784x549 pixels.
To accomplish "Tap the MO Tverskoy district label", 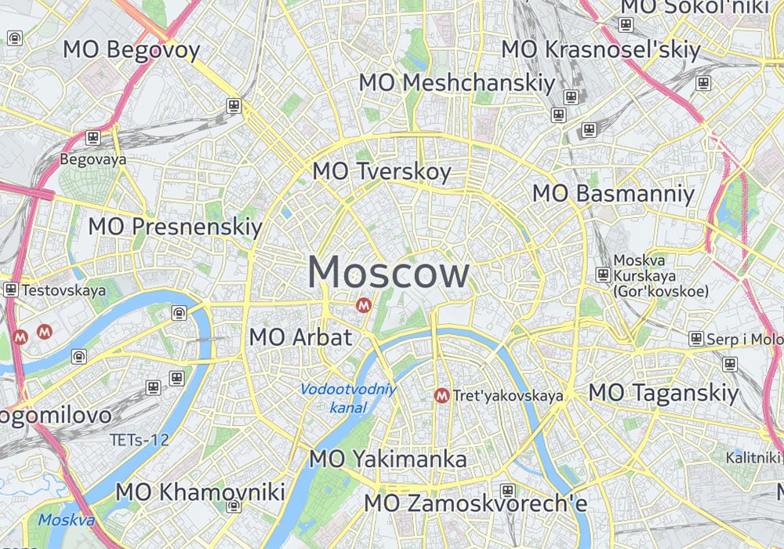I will coord(382,172).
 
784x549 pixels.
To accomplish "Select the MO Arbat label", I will coord(300,338).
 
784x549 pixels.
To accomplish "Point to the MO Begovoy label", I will coord(132,50).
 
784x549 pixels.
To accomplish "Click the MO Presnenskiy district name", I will coord(175,227).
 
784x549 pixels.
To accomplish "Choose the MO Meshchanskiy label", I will coord(457,82).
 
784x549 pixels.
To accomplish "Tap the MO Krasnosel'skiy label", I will coord(601,49).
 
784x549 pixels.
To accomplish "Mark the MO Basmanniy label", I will coord(614,194).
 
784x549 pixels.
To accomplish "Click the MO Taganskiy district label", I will coord(664,392).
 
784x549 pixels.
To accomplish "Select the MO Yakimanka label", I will coord(388,459).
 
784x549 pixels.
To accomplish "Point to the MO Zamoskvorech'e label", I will coord(476,503).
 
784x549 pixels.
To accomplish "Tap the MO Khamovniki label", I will coord(200,493).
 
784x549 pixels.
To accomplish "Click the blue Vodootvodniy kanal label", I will coord(349,398).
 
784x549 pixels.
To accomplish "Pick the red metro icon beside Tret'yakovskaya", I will coord(441,395).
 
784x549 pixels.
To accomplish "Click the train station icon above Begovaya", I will coord(93,138).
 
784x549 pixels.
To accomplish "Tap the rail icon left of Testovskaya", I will coord(11,289).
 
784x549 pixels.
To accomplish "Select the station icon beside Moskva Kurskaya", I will coord(603,274).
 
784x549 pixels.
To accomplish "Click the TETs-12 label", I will coord(140,440).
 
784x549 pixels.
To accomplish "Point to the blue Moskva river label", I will coord(67,519).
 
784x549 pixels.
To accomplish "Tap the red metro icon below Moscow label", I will coord(363,305).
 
